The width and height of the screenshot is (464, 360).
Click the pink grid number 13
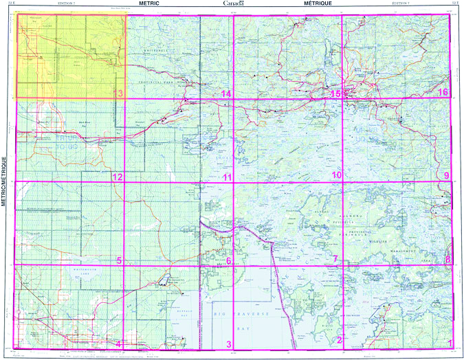(x=118, y=93)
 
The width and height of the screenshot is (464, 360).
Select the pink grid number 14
(x=225, y=93)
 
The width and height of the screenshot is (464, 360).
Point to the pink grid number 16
(x=444, y=93)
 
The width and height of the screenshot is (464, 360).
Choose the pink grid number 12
(x=118, y=177)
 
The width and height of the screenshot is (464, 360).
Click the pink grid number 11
(x=227, y=177)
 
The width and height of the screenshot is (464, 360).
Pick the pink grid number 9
(x=447, y=176)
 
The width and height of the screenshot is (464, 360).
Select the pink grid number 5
(x=119, y=260)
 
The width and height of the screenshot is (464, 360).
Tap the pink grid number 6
(x=228, y=260)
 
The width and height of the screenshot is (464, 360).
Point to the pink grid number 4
(x=119, y=344)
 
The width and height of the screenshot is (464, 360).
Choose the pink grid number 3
(x=229, y=344)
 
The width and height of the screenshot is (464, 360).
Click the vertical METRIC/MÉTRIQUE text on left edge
(x=5, y=181)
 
